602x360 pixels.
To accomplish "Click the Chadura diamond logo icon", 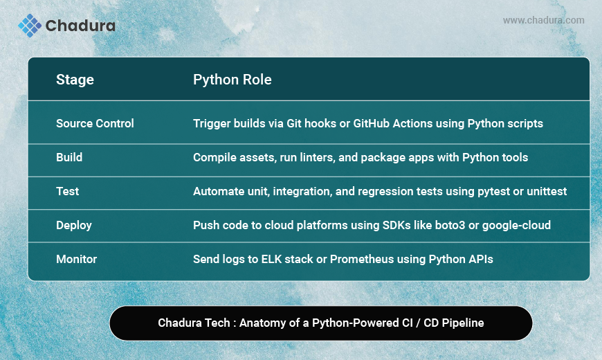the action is tap(30, 26).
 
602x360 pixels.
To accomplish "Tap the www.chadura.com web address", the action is tap(544, 20).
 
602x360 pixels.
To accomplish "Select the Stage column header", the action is tap(75, 80).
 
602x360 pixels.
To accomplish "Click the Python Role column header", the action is tap(232, 80).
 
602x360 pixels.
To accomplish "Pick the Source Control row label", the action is tap(95, 123).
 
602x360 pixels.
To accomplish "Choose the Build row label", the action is tap(69, 157).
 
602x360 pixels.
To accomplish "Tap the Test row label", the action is tap(68, 191).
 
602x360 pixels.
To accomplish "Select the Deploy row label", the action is tap(74, 226).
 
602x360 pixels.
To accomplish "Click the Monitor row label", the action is tap(76, 260).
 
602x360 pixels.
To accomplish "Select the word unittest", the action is tap(547, 191).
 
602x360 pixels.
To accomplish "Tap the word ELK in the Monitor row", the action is tap(271, 260).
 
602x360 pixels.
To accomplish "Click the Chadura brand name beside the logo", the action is tap(80, 26).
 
